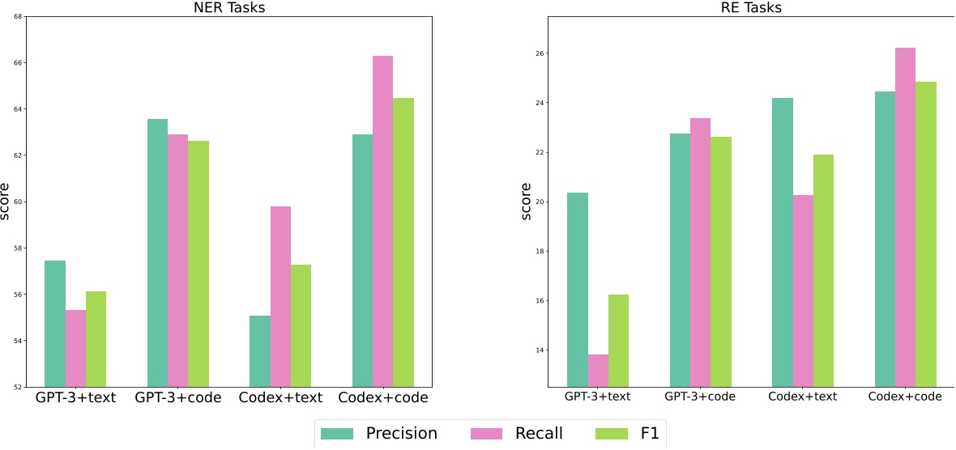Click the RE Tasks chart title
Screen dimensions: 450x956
pyautogui.click(x=751, y=8)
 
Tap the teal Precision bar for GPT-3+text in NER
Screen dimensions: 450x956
pyautogui.click(x=55, y=323)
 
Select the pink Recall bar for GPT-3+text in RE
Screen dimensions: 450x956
pyautogui.click(x=598, y=370)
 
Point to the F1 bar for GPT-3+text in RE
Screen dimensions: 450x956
pyautogui.click(x=618, y=340)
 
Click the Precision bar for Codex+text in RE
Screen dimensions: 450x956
pyautogui.click(x=783, y=242)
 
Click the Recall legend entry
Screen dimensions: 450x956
pyautogui.click(x=519, y=434)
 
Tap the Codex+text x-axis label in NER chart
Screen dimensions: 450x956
pyautogui.click(x=280, y=398)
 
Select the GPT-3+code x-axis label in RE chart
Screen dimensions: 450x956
pyautogui.click(x=700, y=397)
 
